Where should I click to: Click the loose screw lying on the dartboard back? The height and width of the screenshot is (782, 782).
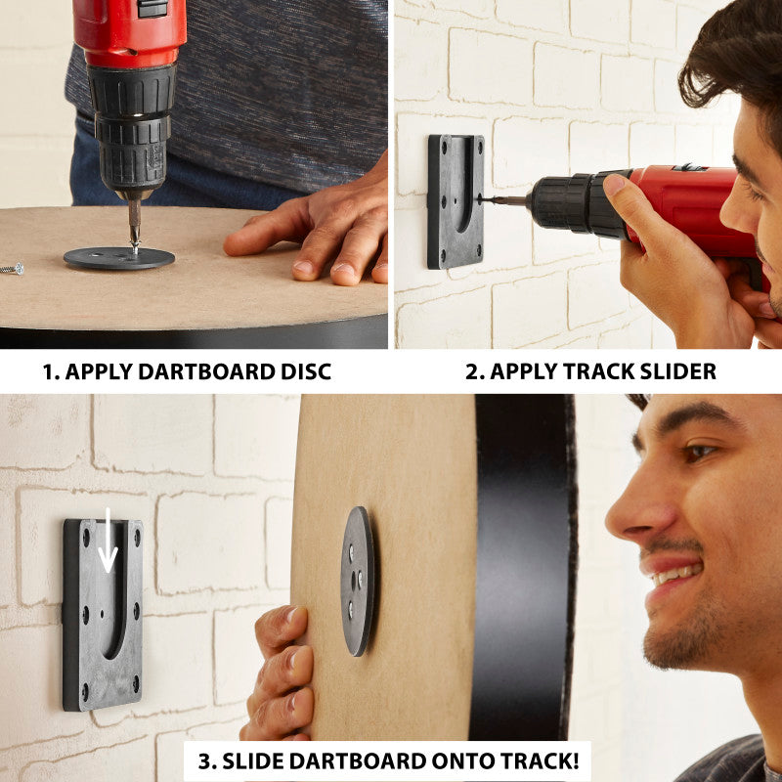click(11, 268)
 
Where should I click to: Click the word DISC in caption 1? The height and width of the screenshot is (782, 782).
click(300, 372)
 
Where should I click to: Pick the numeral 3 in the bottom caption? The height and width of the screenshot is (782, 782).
click(204, 760)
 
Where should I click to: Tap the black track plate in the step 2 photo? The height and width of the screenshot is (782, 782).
click(455, 200)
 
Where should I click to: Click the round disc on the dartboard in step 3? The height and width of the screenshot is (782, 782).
click(358, 581)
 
